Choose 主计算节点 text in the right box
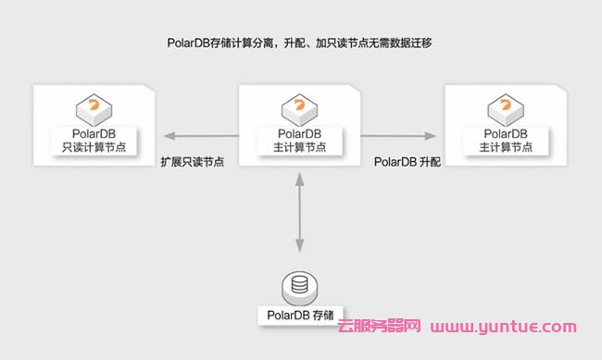tap(505, 149)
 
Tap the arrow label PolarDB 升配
tap(408, 161)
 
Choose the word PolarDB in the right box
tap(505, 134)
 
